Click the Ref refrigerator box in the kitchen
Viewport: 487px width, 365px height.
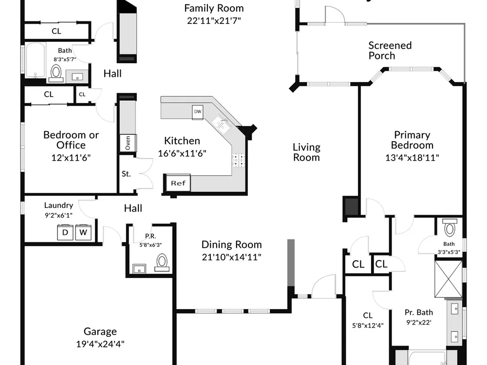coord(178,183)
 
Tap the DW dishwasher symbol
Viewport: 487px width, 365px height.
coord(198,112)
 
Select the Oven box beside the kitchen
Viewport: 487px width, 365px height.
coord(128,143)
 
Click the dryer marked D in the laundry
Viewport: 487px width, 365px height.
coord(65,232)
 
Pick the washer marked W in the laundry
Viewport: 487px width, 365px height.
coord(83,232)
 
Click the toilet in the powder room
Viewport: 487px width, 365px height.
coord(162,262)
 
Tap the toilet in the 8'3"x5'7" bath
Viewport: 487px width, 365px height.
coord(56,73)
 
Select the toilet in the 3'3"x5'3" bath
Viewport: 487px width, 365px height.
coord(450,227)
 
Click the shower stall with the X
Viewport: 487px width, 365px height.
coord(449,279)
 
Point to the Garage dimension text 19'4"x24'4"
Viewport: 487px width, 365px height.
coord(100,344)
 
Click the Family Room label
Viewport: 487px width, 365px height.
coord(214,8)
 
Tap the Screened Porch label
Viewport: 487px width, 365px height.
coord(390,50)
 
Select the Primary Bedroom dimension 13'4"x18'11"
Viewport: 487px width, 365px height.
coord(412,157)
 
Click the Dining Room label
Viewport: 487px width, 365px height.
coord(232,245)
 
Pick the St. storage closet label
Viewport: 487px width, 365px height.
coord(126,174)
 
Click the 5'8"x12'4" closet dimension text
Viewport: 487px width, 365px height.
coord(368,325)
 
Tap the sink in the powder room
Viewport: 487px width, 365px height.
coord(139,269)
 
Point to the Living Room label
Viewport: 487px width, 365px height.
coord(306,152)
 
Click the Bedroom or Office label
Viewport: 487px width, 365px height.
coord(71,140)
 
